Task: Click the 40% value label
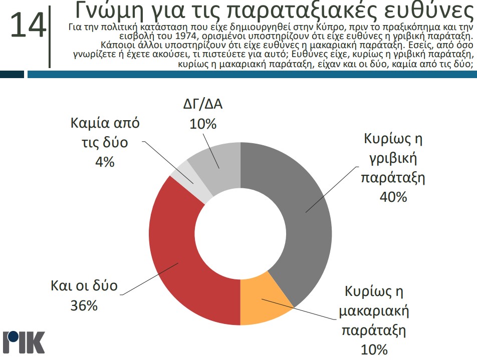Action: point(393,197)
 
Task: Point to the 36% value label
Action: point(84,305)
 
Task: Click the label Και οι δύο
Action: point(84,286)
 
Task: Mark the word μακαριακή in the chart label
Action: point(374,311)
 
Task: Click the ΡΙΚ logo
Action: point(24,341)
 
